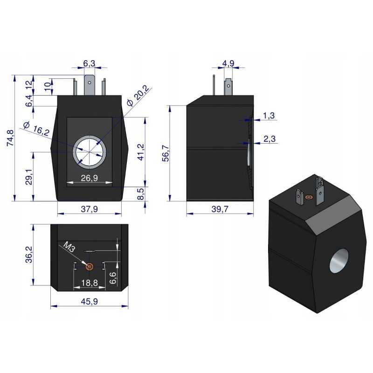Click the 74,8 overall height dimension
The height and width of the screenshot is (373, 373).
(x=10, y=138)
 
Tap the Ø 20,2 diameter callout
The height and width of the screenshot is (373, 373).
(x=136, y=96)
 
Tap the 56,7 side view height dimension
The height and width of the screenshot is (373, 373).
(x=165, y=153)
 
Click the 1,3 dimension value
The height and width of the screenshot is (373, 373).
(x=269, y=115)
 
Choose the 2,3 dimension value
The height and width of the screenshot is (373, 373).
(x=269, y=138)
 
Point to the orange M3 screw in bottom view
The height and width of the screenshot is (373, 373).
(x=89, y=267)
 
